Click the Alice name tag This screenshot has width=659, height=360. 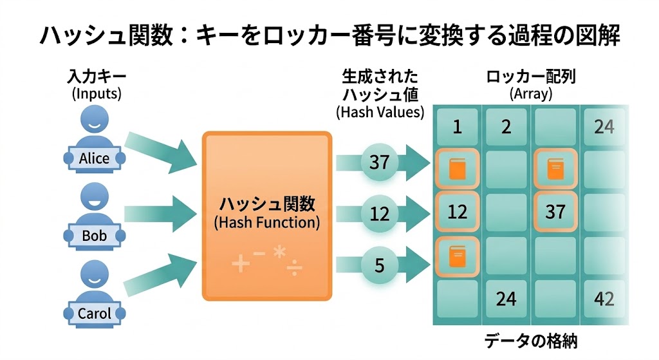coord(94,158)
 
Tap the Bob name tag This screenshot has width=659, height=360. coord(94,236)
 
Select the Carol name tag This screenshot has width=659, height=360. coord(94,314)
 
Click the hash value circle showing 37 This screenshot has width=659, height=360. coord(380,162)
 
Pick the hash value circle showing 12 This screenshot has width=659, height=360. coord(380,213)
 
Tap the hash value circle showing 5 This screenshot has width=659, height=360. coord(380,264)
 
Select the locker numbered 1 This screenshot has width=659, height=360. coord(457,127)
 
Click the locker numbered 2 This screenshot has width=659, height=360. coord(506,127)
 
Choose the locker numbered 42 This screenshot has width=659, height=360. coord(604,298)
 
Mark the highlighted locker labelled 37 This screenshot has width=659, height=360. coord(555,211)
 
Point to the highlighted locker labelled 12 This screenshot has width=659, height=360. coord(457,211)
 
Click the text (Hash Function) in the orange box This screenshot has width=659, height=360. coord(266,223)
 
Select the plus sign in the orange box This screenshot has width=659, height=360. coord(240,264)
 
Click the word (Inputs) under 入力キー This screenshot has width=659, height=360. coord(97,93)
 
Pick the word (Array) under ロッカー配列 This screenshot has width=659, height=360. coord(530,93)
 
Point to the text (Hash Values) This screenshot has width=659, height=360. coord(380,111)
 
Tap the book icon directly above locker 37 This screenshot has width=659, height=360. coord(555,169)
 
